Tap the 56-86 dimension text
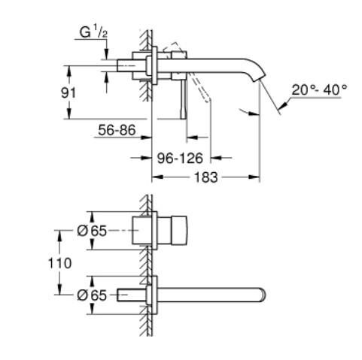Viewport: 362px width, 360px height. (x=116, y=130)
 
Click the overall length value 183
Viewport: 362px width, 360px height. (x=205, y=177)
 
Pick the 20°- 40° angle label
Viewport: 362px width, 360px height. (x=320, y=89)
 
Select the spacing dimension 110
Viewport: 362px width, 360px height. (x=61, y=263)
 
